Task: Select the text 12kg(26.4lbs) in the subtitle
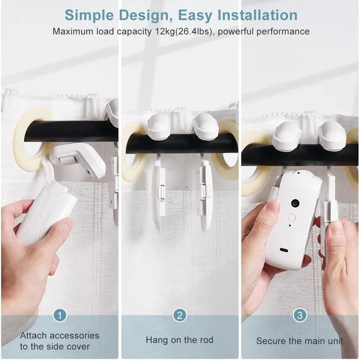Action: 187,31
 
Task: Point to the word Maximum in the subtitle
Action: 74,31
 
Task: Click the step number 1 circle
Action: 60,315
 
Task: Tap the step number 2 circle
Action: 179,315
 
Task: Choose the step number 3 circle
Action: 300,315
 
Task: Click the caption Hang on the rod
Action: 179,340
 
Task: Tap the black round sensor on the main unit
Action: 295,203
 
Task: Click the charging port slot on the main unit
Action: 284,250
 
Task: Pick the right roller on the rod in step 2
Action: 206,126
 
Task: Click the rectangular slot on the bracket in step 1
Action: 68,160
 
